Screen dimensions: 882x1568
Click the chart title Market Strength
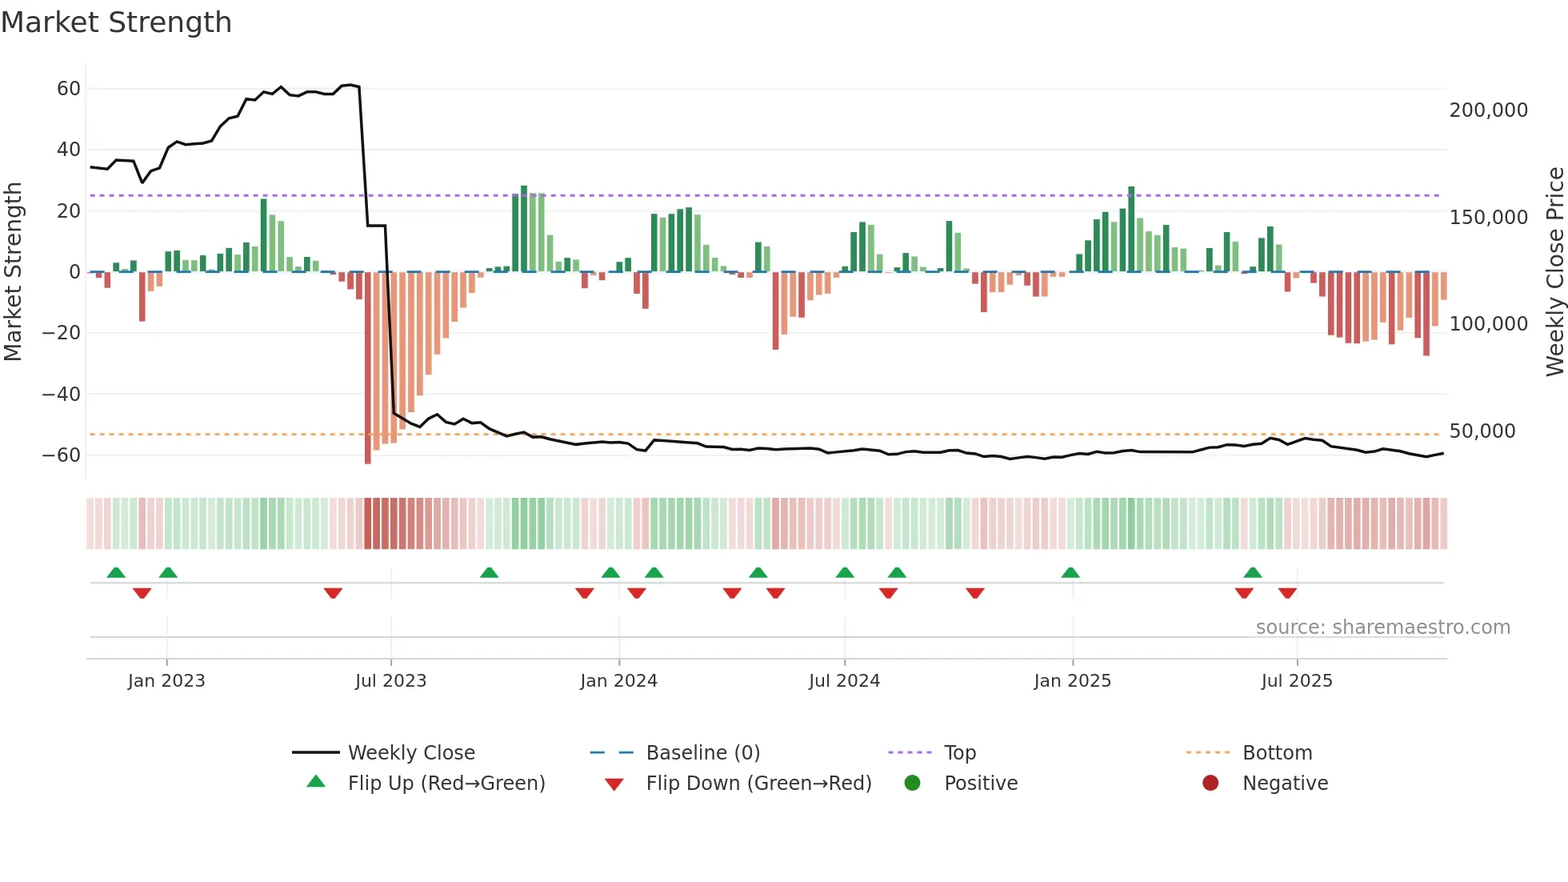pyautogui.click(x=116, y=22)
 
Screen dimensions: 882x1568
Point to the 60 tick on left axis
pyautogui.click(x=69, y=89)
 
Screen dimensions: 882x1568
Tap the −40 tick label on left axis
pyautogui.click(x=62, y=394)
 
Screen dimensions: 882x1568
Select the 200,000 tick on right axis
pyautogui.click(x=1488, y=110)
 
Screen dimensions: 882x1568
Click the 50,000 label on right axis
pyautogui.click(x=1482, y=431)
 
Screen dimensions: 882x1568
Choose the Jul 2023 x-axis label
pyautogui.click(x=390, y=681)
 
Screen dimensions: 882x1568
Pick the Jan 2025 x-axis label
pyautogui.click(x=1072, y=681)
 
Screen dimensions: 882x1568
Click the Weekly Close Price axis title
pyautogui.click(x=1554, y=271)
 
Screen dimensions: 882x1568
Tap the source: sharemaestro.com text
pyautogui.click(x=1382, y=627)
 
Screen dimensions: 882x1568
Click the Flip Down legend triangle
pyautogui.click(x=614, y=784)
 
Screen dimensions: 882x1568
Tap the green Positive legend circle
pyautogui.click(x=912, y=784)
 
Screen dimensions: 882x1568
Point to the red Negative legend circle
pyautogui.click(x=1210, y=784)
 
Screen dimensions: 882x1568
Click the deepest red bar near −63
pyautogui.click(x=368, y=368)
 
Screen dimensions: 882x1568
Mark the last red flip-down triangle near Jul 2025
pyautogui.click(x=1287, y=593)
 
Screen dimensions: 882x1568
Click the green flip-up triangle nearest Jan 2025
pyautogui.click(x=1070, y=572)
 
